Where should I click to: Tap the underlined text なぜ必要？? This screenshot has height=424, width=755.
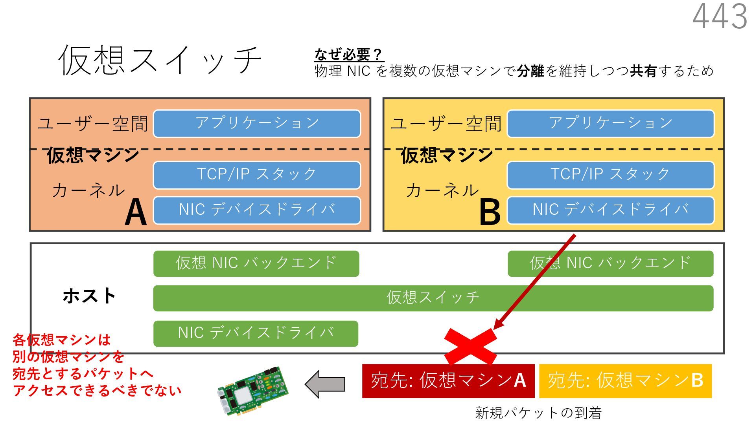coord(348,54)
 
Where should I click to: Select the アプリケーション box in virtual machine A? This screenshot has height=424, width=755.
coord(257,123)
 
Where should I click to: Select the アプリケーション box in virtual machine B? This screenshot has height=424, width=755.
coord(610,123)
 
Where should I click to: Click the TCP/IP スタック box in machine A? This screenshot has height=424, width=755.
coord(257,175)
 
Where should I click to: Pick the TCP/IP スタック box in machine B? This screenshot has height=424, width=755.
coord(610,175)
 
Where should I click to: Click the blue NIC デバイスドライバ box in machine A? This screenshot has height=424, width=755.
coord(257,210)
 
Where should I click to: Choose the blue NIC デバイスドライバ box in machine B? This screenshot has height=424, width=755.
coord(610,210)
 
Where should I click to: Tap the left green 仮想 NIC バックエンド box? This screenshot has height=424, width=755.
coord(256,263)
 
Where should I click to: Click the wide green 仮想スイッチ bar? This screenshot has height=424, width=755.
coord(433,298)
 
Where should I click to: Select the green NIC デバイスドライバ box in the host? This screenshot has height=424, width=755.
coord(256,333)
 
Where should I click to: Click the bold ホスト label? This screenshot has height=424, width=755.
coord(89,296)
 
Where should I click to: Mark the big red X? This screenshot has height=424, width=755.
coord(470,346)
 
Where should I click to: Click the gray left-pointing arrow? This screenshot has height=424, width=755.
coord(325,384)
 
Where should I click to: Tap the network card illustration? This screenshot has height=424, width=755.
coord(253,391)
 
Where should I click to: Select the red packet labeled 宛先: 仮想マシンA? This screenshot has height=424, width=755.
coord(448,381)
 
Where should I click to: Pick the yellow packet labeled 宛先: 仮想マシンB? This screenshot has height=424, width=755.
coord(625,381)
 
